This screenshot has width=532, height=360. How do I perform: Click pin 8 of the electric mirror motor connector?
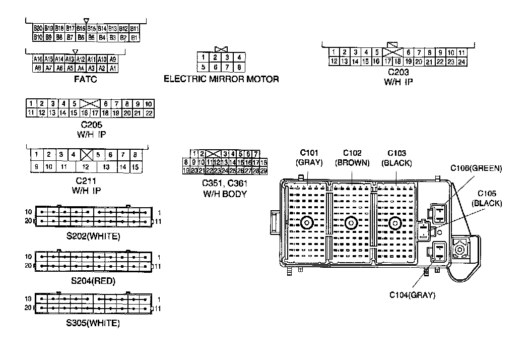pyautogui.click(x=239, y=67)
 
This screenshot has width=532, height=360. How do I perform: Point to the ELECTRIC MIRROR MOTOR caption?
pyautogui.click(x=221, y=79)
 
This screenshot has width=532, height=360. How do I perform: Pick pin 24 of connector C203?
pyautogui.click(x=462, y=62)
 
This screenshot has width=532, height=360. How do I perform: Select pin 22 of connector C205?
pyautogui.click(x=149, y=113)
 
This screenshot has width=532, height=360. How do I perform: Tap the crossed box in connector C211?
pyautogui.click(x=86, y=155)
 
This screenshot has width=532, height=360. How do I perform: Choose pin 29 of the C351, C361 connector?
pyautogui.click(x=263, y=171)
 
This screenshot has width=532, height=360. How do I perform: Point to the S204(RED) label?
pyautogui.click(x=93, y=281)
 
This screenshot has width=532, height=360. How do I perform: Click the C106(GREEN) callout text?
pyautogui.click(x=476, y=168)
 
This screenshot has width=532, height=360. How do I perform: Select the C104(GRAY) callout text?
pyautogui.click(x=412, y=295)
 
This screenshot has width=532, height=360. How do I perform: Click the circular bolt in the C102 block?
pyautogui.click(x=351, y=223)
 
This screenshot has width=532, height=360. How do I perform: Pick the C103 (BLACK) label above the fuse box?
pyautogui.click(x=396, y=158)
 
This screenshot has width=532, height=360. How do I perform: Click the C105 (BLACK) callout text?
pyautogui.click(x=487, y=199)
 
